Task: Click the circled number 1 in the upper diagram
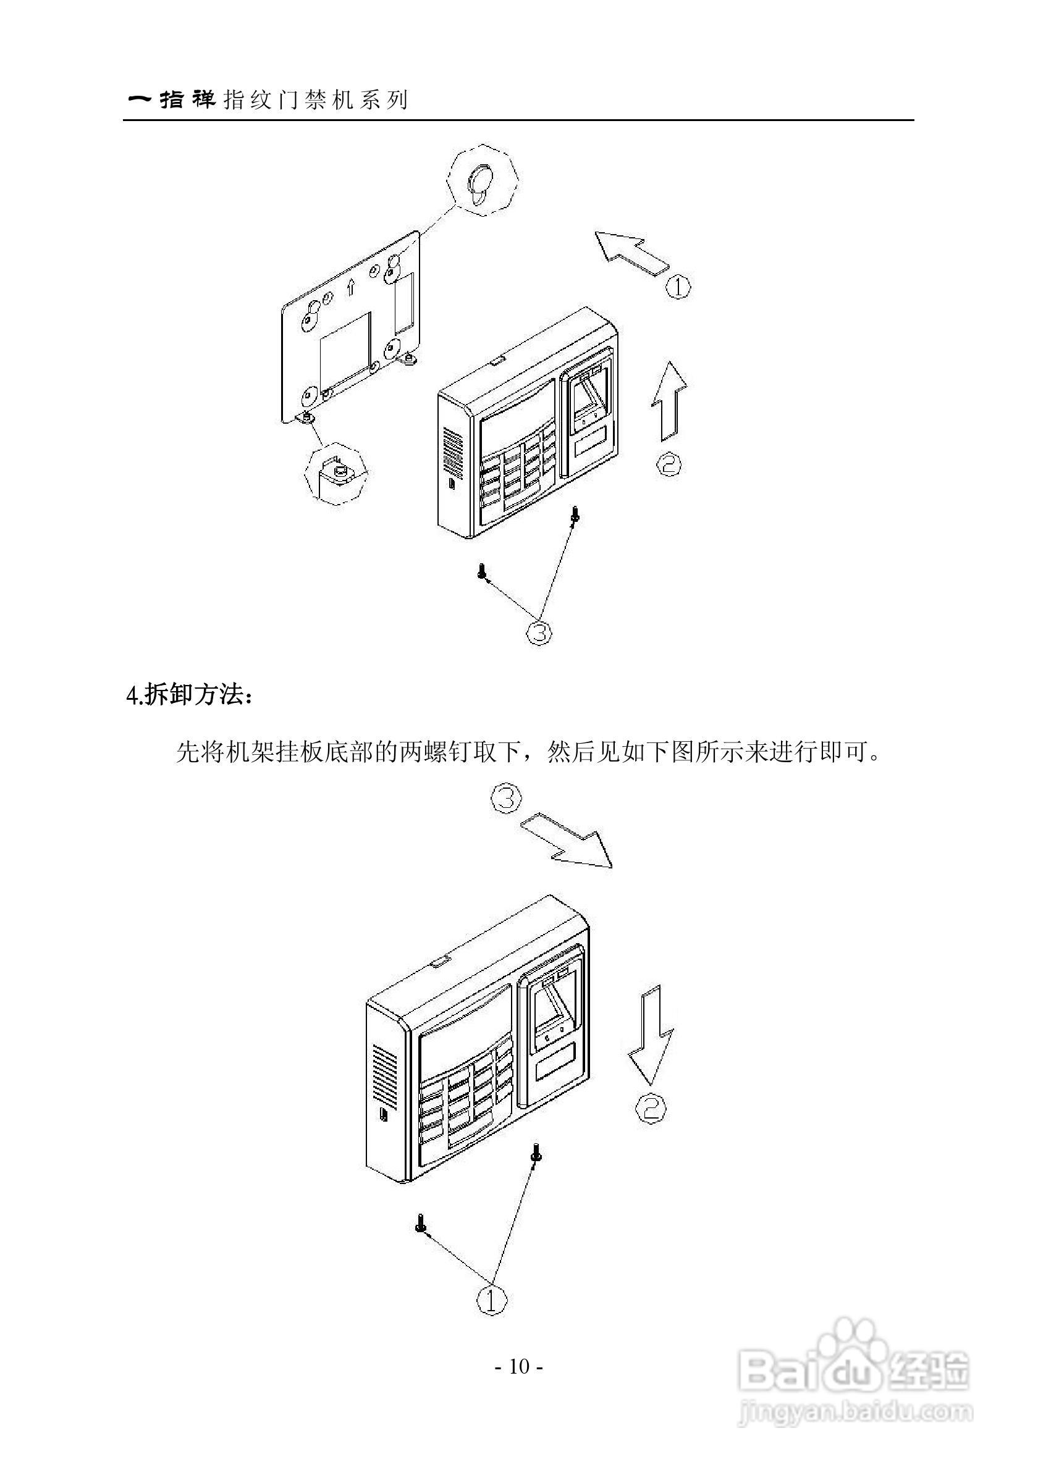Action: coord(679,286)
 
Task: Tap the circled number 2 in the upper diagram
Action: coord(669,463)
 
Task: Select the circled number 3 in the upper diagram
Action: coord(539,632)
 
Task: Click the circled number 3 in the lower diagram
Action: coord(506,800)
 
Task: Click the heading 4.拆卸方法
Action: coord(190,695)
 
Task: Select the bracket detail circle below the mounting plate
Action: coord(335,472)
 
